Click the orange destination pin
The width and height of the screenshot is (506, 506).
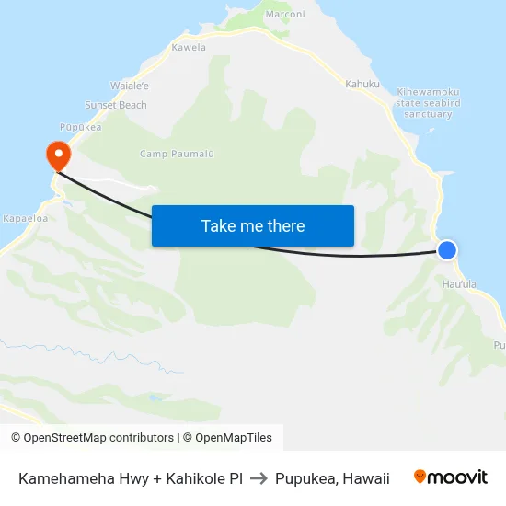click(57, 153)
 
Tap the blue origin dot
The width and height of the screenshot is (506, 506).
click(447, 249)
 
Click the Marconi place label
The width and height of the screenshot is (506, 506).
click(284, 15)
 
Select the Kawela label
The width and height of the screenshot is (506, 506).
click(189, 47)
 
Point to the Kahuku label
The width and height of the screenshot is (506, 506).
click(362, 84)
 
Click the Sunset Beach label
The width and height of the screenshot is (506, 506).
click(116, 105)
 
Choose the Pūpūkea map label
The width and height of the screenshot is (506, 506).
click(81, 127)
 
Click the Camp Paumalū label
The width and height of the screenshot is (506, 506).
click(177, 154)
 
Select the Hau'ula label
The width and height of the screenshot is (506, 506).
click(460, 284)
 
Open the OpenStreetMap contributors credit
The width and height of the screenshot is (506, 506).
click(92, 438)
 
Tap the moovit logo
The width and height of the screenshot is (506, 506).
click(450, 477)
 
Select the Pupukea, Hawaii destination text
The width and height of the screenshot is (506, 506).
click(332, 478)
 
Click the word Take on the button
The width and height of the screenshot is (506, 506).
click(219, 226)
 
